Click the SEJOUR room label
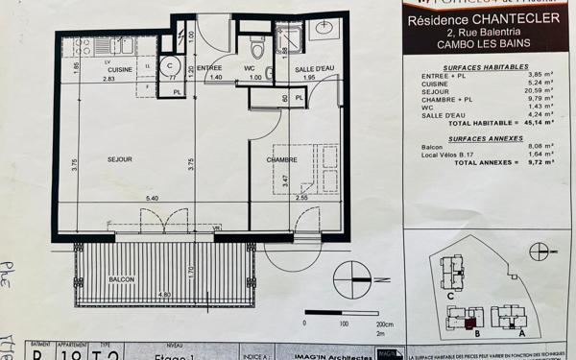point(119,158)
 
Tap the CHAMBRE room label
point(282,160)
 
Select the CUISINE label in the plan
point(120,69)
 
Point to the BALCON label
point(122,279)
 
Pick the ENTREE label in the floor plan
point(210,69)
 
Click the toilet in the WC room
point(256,47)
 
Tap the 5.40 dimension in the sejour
point(151,198)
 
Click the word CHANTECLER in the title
point(498,20)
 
